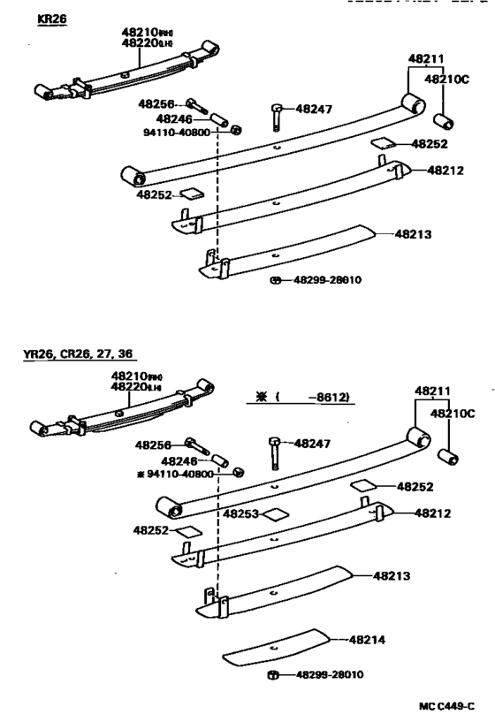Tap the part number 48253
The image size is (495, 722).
coord(240,513)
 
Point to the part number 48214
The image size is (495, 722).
coord(368,639)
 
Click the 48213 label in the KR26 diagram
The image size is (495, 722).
coord(411,234)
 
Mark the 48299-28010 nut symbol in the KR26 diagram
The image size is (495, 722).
coord(276,280)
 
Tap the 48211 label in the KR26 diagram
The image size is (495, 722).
coord(425,58)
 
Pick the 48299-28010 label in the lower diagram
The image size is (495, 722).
coord(328,675)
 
